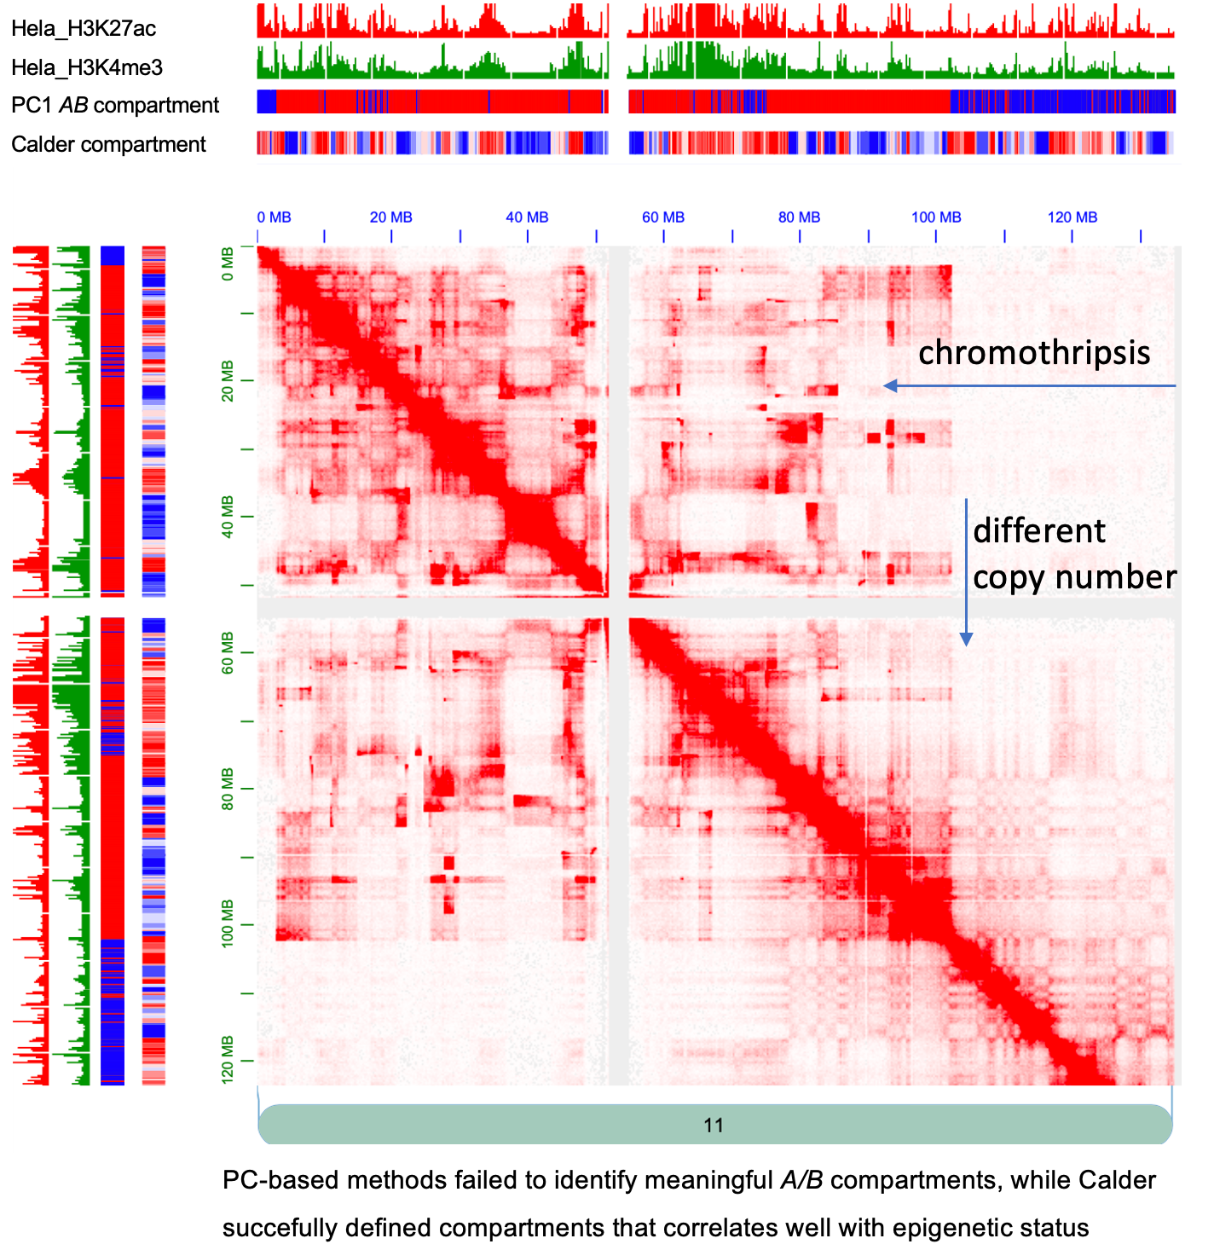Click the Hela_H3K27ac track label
pos(84,28)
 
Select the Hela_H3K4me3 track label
pos(86,67)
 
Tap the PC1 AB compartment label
pos(115,105)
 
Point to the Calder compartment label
pos(108,144)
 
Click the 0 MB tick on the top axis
pos(274,217)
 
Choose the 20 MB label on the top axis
pos(390,217)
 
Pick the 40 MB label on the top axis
pos(527,217)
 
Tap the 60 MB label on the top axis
pos(663,217)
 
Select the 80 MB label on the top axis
pos(799,217)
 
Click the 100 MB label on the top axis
pos(936,217)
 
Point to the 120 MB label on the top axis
pos(1072,217)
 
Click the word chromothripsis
pos(1034,352)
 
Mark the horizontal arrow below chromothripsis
pos(1029,386)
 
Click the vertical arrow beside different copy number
pos(966,571)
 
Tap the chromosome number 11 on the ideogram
pos(714,1126)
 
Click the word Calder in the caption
pos(1118,1180)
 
